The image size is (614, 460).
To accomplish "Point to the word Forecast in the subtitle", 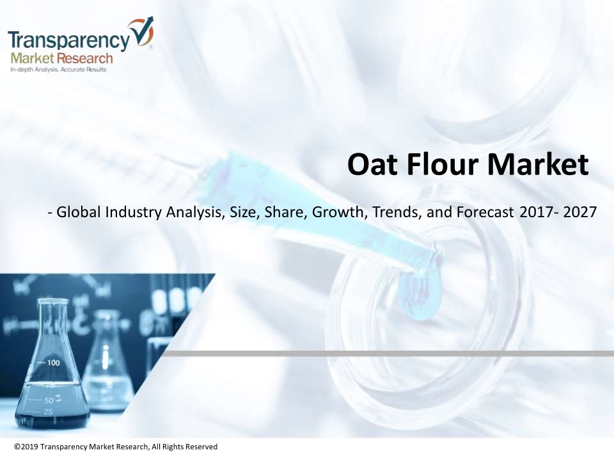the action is click(x=485, y=212).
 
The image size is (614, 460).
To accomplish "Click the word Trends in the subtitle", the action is click(x=397, y=212).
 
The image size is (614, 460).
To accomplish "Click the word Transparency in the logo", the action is click(x=68, y=40).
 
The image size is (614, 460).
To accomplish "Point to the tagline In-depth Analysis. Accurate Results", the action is click(x=58, y=70).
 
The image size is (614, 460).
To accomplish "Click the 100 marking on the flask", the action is click(x=53, y=363).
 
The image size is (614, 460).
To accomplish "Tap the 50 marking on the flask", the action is click(x=49, y=401).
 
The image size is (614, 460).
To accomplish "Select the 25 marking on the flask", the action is click(x=48, y=412).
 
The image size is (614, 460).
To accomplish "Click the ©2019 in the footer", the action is click(x=26, y=447).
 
